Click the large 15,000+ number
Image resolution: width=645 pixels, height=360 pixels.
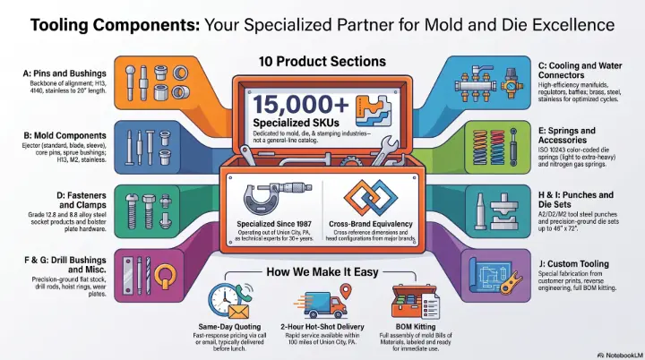(301, 105)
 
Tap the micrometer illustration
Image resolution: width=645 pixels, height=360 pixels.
(278, 199)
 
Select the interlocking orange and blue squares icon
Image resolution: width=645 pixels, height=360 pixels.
(371, 198)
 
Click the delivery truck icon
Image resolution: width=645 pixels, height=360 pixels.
(320, 304)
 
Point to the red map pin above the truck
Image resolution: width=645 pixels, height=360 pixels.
(347, 291)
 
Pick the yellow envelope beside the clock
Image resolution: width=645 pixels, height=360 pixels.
(238, 311)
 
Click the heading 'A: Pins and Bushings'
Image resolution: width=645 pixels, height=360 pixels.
(64, 73)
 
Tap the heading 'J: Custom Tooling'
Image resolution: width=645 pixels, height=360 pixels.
(573, 264)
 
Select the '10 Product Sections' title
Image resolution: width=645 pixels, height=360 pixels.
(322, 62)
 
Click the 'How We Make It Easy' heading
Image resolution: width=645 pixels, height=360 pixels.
(322, 272)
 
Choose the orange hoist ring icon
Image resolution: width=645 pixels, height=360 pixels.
(166, 275)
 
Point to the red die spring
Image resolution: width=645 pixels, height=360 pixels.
(497, 147)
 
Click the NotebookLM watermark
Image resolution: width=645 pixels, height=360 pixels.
(620, 355)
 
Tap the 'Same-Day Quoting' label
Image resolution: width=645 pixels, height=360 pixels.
(229, 327)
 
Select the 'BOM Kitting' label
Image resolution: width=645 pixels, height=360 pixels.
(416, 327)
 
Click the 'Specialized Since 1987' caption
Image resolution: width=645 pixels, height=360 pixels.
(274, 224)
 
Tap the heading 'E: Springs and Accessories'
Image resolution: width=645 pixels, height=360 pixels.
(567, 135)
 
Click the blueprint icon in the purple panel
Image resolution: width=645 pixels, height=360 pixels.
(490, 273)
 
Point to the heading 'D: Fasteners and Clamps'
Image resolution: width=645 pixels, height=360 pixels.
(82, 200)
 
